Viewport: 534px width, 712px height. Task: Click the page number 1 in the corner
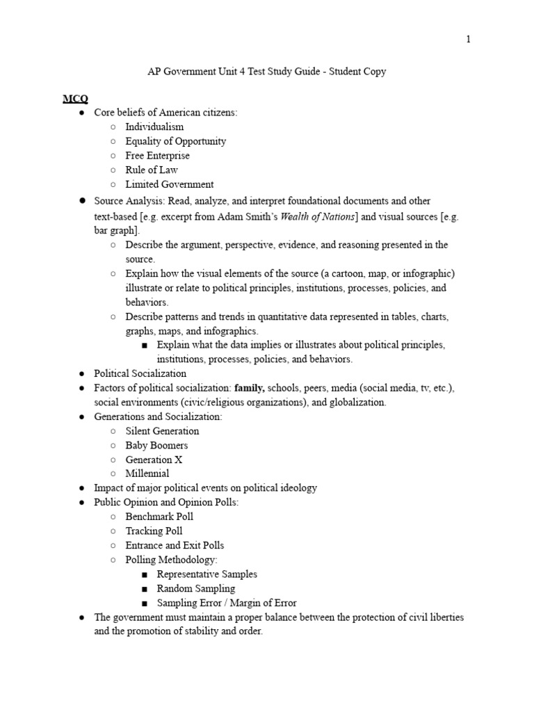469,40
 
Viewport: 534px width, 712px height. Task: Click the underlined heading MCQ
76,98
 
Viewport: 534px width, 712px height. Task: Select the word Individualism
154,127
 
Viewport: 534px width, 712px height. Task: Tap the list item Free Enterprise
157,156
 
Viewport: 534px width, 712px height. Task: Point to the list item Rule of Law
152,170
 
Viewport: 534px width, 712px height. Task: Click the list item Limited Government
169,184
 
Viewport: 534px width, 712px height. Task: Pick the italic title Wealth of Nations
318,216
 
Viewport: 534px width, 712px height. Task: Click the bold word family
250,388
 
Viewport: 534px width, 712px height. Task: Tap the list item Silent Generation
162,431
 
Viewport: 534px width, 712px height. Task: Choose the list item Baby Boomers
156,445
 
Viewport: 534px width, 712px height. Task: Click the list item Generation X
154,460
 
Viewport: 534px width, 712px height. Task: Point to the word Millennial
147,474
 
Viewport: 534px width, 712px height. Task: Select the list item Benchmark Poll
159,517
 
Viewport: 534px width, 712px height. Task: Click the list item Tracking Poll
154,531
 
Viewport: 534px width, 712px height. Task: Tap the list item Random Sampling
196,588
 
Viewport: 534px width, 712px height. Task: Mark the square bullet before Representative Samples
144,575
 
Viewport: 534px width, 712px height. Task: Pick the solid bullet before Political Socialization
81,374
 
